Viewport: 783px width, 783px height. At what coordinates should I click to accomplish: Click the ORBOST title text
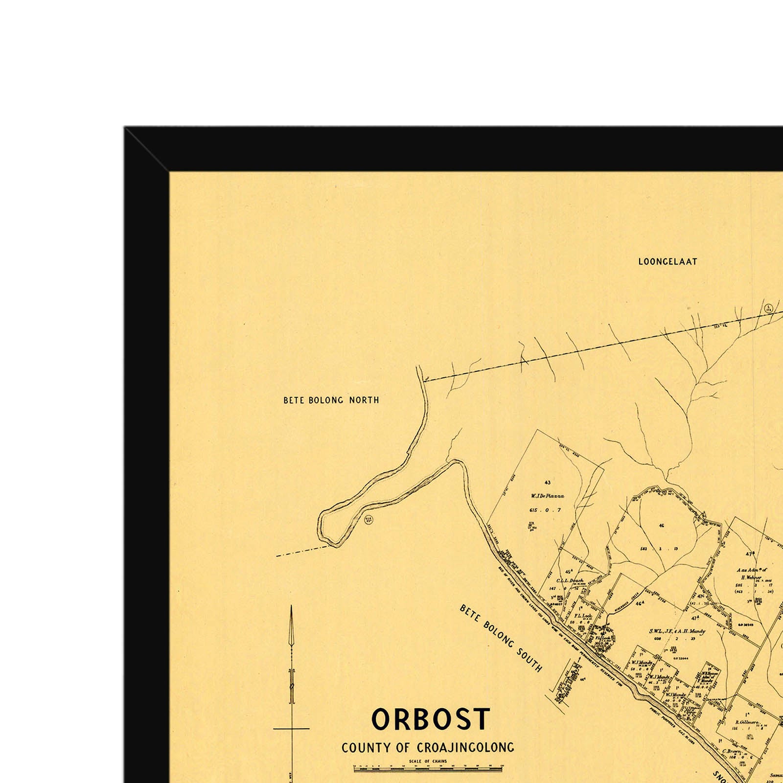[431, 720]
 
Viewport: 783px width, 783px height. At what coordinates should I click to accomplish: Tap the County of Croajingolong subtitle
[428, 748]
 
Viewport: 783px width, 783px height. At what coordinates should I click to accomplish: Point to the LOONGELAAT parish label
[668, 262]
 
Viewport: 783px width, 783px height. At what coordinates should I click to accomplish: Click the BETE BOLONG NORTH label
[331, 400]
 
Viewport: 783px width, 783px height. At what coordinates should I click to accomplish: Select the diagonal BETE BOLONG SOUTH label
[501, 638]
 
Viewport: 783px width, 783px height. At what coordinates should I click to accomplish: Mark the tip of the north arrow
[292, 608]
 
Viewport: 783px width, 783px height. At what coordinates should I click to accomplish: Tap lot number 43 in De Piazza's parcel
[547, 483]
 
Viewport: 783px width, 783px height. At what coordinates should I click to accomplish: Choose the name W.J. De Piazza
[547, 496]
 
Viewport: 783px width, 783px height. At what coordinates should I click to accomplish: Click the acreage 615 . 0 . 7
[545, 510]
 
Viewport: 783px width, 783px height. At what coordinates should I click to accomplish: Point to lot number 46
[661, 526]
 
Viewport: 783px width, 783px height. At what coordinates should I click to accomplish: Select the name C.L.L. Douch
[570, 580]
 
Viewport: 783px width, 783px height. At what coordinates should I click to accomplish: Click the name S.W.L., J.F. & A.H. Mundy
[677, 631]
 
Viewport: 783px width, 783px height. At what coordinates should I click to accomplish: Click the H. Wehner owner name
[751, 577]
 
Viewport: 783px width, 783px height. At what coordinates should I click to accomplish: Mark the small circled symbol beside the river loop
[369, 520]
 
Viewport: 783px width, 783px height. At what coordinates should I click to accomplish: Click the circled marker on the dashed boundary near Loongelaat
[768, 309]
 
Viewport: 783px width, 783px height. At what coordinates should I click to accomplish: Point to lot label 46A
[639, 603]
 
